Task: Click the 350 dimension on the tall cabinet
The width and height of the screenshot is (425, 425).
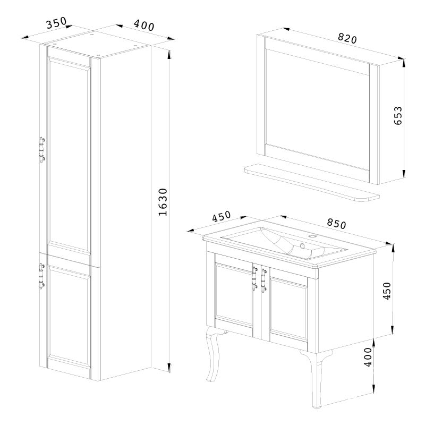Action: [56, 23]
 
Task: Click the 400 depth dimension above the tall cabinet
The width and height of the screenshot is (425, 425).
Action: [144, 25]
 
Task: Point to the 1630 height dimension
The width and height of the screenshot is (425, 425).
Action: [163, 202]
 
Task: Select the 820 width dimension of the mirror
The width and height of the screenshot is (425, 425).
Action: [347, 38]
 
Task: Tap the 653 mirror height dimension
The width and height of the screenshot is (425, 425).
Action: [398, 115]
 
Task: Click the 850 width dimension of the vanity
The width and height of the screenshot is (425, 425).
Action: [336, 223]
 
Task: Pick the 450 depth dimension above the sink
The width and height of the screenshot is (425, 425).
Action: [221, 216]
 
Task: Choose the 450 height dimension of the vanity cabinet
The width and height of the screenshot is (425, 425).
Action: [387, 291]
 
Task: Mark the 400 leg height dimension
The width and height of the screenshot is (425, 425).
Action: [368, 357]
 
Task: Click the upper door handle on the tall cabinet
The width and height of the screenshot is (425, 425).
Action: [42, 150]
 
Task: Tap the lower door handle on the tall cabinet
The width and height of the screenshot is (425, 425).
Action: [42, 276]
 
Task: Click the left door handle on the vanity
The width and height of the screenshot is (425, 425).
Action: [254, 278]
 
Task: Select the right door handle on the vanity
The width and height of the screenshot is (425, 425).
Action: [263, 281]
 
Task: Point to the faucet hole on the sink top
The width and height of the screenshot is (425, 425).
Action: [313, 236]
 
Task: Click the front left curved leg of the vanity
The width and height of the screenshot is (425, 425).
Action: [214, 354]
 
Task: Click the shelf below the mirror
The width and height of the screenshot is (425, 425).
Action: [312, 182]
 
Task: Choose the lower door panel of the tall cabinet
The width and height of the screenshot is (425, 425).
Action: [69, 315]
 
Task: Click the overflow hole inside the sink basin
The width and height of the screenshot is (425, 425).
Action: [302, 246]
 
